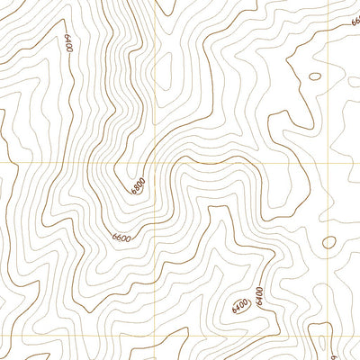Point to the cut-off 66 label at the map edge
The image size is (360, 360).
[x=355, y=20]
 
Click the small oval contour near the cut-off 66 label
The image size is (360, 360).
[x=314, y=76]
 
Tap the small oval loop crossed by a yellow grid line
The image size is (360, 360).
[x=329, y=242]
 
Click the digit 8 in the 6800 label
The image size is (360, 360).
[x=138, y=186]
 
